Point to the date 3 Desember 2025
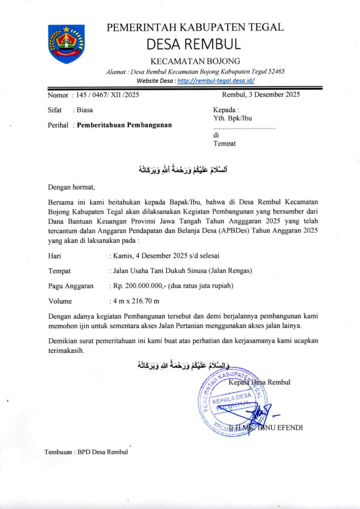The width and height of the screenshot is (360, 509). pyautogui.click(x=273, y=94)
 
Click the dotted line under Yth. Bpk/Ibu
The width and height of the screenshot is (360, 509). pyautogui.click(x=244, y=127)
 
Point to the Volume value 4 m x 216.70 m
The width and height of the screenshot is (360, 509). pyautogui.click(x=135, y=301)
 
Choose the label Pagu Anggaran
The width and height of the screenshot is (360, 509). pyautogui.click(x=71, y=286)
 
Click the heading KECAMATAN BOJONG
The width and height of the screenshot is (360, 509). pyautogui.click(x=195, y=61)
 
